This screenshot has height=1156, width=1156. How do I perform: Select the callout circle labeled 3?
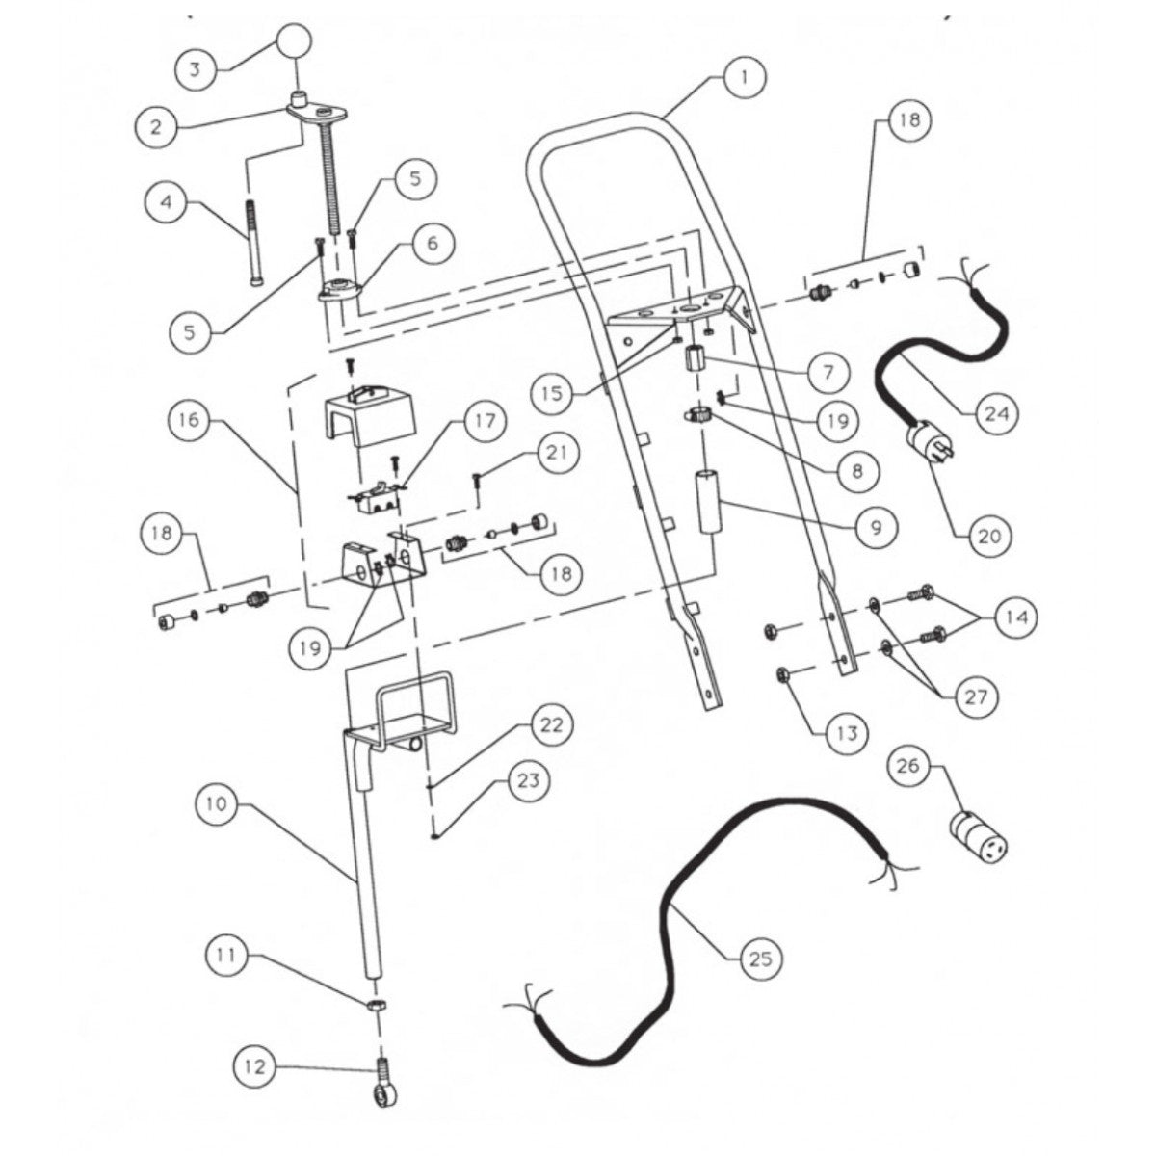(196, 69)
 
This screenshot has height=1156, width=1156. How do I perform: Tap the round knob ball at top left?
(298, 45)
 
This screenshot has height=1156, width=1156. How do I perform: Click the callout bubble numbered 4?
(168, 203)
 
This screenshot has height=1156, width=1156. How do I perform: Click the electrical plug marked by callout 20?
(931, 450)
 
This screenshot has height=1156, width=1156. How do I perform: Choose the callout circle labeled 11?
(229, 956)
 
